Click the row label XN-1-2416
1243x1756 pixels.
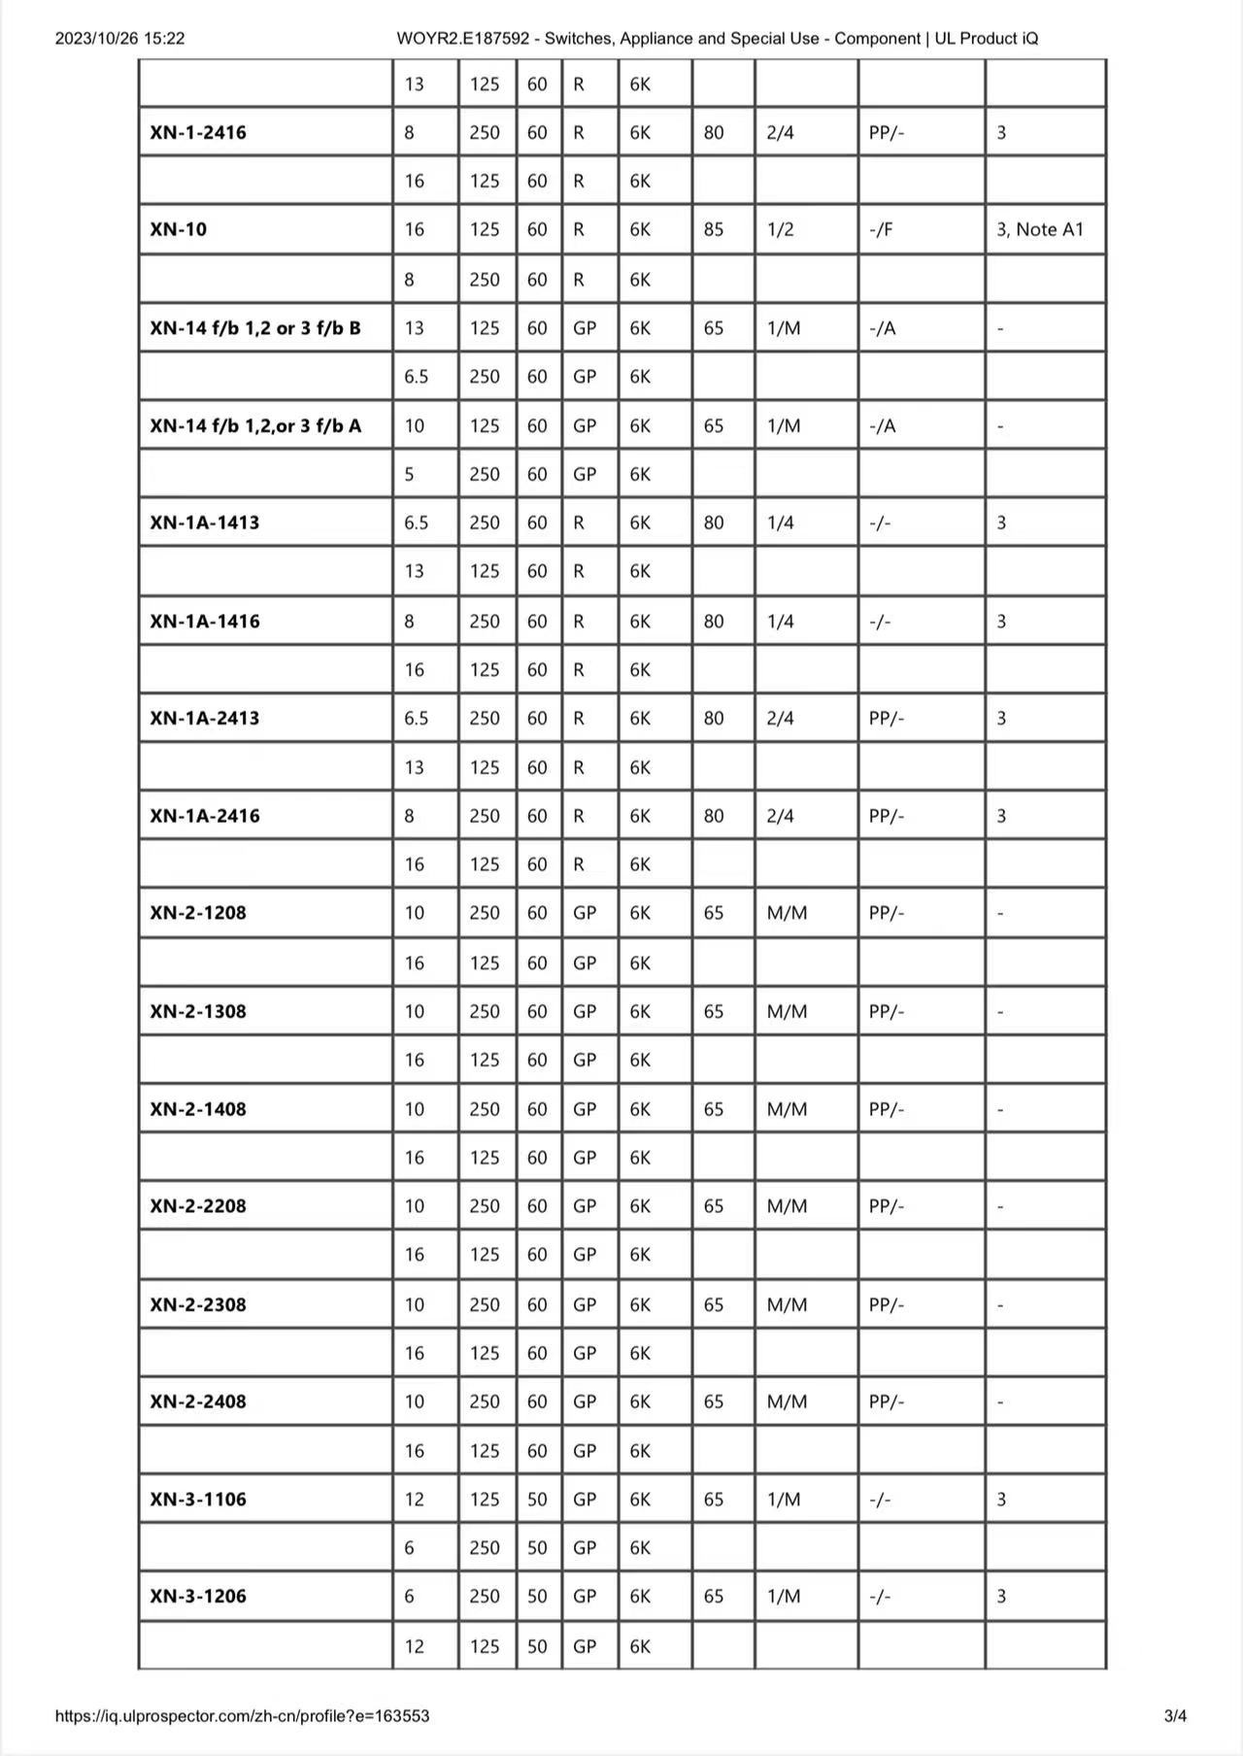point(198,132)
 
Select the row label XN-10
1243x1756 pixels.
point(179,229)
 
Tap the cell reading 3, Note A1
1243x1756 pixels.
point(1040,229)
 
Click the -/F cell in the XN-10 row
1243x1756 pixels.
point(882,229)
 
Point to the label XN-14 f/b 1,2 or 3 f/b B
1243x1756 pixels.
point(255,327)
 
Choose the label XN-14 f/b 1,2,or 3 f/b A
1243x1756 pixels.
point(255,425)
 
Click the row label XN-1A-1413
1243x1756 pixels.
point(205,523)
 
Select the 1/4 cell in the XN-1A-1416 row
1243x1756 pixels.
point(781,621)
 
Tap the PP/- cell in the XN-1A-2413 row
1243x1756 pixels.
point(887,718)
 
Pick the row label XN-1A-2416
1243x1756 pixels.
point(205,816)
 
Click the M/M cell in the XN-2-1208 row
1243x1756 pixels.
point(788,913)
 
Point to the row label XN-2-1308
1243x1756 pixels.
point(198,1011)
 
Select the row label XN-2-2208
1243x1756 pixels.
point(198,1206)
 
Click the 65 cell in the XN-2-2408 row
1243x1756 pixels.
point(714,1401)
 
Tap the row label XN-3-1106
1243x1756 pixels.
point(198,1499)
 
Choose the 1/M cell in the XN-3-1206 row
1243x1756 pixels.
point(784,1596)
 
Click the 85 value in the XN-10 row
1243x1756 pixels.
point(714,229)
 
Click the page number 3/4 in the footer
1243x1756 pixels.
point(1175,1716)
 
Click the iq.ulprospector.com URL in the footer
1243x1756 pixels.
point(242,1716)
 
